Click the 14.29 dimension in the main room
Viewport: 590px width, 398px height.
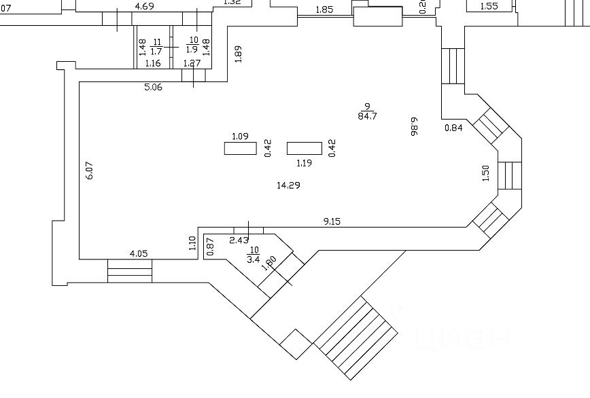(288, 185)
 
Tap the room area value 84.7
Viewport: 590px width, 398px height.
(367, 115)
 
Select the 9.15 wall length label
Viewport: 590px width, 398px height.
(332, 221)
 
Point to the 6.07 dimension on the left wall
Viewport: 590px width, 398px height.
(89, 170)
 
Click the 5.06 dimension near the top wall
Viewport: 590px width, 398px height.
(153, 87)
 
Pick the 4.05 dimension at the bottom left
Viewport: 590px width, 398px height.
(139, 254)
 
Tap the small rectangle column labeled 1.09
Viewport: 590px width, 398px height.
(240, 148)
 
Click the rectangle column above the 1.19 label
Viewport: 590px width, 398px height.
(305, 148)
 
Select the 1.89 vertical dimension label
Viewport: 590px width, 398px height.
(238, 54)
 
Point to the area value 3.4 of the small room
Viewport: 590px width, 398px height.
(253, 259)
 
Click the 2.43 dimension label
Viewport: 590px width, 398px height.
(239, 240)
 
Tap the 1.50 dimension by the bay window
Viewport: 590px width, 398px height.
(485, 173)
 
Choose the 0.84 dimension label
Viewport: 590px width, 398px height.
(453, 128)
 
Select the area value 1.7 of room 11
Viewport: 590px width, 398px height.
(156, 51)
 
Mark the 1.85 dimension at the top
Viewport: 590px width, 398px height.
(325, 10)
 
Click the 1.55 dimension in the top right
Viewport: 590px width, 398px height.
(489, 6)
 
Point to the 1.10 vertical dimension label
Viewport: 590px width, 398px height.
(192, 243)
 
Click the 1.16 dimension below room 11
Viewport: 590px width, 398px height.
(153, 64)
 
